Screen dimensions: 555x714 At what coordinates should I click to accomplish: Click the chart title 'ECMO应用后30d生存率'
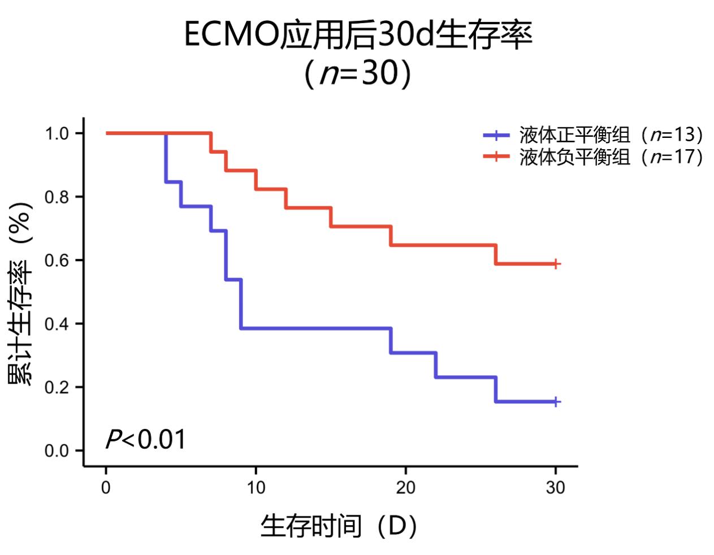click(x=358, y=36)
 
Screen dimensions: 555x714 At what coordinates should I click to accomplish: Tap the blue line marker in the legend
click(x=496, y=135)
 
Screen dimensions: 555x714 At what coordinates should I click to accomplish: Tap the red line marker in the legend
click(x=496, y=156)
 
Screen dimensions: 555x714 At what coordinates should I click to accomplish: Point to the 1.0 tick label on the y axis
click(x=57, y=133)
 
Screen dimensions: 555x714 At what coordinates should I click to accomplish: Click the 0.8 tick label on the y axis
click(x=57, y=197)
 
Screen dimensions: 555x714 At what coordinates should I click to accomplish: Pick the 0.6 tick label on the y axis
click(x=57, y=260)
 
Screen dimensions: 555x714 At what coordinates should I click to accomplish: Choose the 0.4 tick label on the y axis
click(x=57, y=324)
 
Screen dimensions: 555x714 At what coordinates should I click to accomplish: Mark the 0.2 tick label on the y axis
click(x=57, y=387)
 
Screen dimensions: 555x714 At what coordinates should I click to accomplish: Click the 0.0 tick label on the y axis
click(x=57, y=451)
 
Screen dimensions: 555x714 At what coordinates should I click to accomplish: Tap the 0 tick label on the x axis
click(x=106, y=487)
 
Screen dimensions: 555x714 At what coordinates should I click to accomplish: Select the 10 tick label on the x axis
click(x=256, y=487)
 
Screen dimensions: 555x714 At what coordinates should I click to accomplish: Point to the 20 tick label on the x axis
click(x=405, y=487)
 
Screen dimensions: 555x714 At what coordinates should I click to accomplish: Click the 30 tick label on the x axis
click(x=555, y=487)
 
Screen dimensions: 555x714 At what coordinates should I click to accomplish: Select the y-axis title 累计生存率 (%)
click(x=20, y=294)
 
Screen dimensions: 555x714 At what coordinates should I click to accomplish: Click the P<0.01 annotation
click(x=146, y=439)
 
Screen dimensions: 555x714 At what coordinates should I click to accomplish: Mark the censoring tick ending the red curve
click(x=556, y=264)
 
